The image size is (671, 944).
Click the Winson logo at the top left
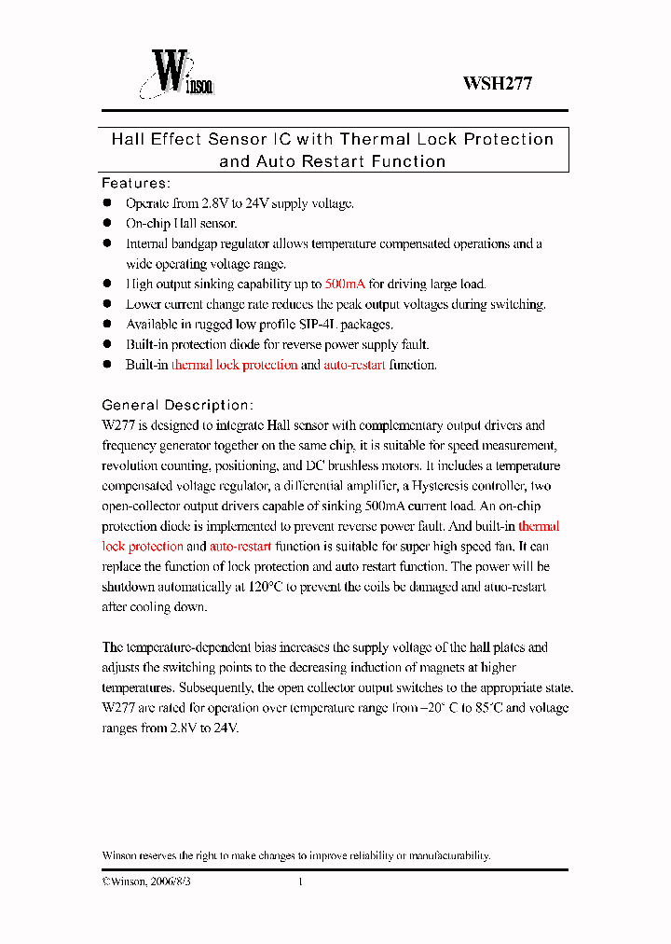pos(177,74)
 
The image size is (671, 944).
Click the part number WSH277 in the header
pos(498,83)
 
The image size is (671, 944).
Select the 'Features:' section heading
pos(135,183)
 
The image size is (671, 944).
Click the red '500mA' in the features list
pos(345,285)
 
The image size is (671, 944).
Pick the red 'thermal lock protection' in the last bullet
pos(234,366)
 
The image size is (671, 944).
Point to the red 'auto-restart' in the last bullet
pos(354,366)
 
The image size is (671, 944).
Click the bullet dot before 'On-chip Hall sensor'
pos(106,223)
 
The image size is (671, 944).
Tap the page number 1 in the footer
pos(300,882)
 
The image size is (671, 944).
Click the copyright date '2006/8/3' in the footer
pos(170,882)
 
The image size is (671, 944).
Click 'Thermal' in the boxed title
pos(376,140)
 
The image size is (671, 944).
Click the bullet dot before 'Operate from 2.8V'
pos(106,202)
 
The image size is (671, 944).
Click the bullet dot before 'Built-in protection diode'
pos(106,344)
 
